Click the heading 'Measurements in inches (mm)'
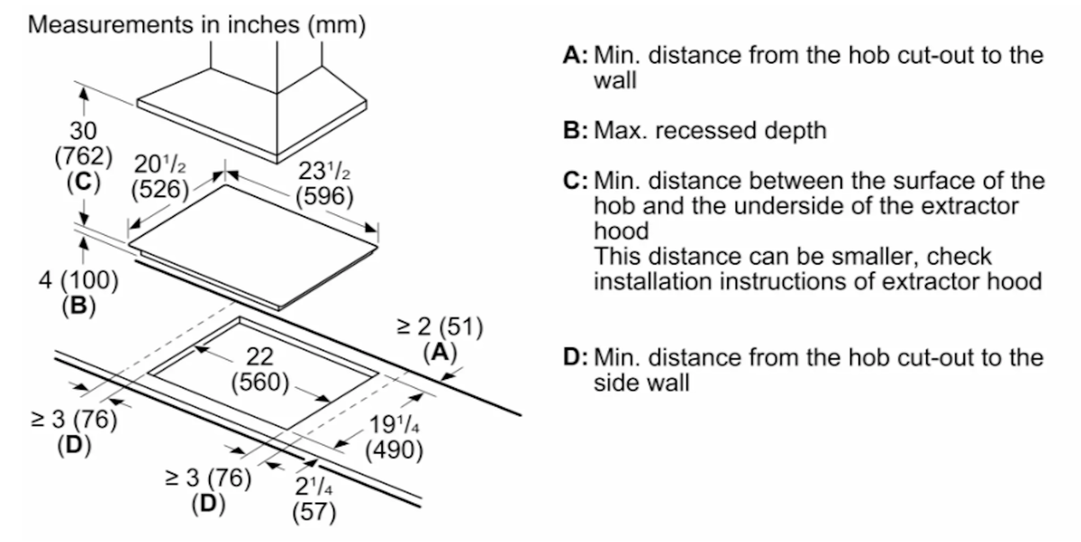click(x=197, y=24)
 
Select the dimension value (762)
click(x=84, y=157)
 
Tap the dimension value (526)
click(x=159, y=189)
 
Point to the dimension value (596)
click(x=324, y=196)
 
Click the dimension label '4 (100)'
click(x=78, y=280)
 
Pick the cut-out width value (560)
click(x=260, y=383)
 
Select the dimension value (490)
click(x=394, y=450)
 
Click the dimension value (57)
click(x=314, y=511)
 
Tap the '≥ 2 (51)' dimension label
click(x=440, y=327)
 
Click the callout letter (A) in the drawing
click(x=440, y=352)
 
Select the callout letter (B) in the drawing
click(x=78, y=305)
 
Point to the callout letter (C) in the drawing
click(x=84, y=182)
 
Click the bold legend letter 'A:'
click(x=576, y=56)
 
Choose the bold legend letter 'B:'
click(x=576, y=131)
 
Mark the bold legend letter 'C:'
click(x=576, y=181)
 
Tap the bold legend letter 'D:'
click(x=576, y=357)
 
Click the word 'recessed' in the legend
click(x=705, y=131)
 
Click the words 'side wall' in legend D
click(x=641, y=383)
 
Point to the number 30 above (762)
click(x=83, y=131)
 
